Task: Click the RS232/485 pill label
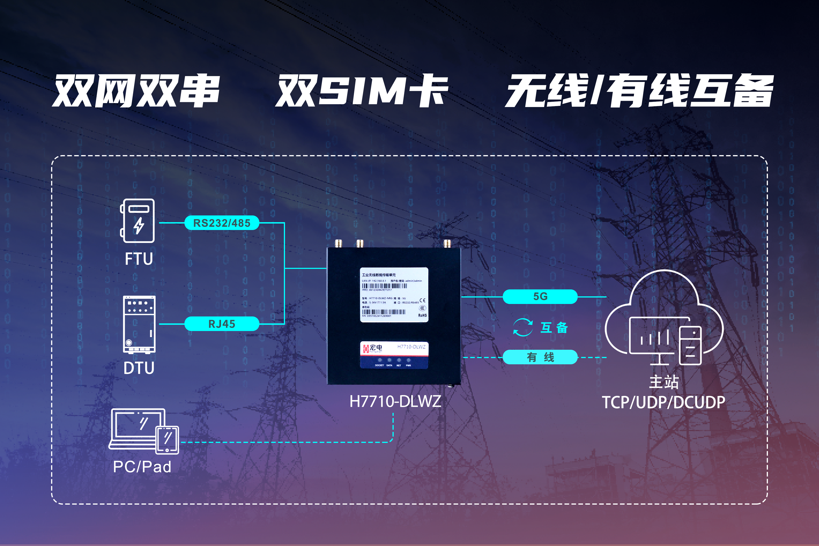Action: click(222, 223)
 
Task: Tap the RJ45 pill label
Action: click(222, 324)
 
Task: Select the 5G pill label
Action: click(540, 296)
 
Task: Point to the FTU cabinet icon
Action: click(138, 221)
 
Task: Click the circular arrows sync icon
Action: click(523, 327)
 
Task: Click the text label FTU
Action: click(139, 259)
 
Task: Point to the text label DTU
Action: click(139, 368)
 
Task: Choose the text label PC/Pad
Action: click(142, 467)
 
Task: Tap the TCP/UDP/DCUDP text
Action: click(664, 402)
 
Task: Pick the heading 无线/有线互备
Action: click(639, 91)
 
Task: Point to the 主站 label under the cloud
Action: click(664, 382)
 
